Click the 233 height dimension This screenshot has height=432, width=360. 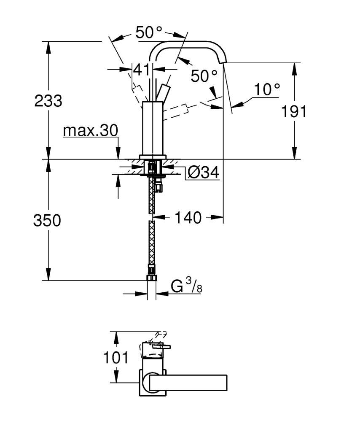click(x=48, y=101)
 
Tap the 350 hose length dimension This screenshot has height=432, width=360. click(x=47, y=220)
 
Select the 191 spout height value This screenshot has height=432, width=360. click(x=294, y=111)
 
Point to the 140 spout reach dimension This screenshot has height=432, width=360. click(x=188, y=218)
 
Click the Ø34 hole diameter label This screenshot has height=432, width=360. click(x=203, y=173)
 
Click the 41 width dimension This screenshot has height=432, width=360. click(x=141, y=70)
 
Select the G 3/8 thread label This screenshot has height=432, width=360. click(x=187, y=286)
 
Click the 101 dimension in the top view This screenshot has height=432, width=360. click(x=116, y=358)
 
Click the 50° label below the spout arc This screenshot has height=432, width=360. click(x=204, y=76)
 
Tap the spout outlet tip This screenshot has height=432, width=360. click(x=223, y=62)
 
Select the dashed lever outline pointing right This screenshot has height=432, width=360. click(x=176, y=111)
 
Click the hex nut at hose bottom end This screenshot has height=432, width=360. click(x=151, y=277)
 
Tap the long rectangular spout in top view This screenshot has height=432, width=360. click(x=188, y=382)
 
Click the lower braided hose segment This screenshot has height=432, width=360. click(x=151, y=243)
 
